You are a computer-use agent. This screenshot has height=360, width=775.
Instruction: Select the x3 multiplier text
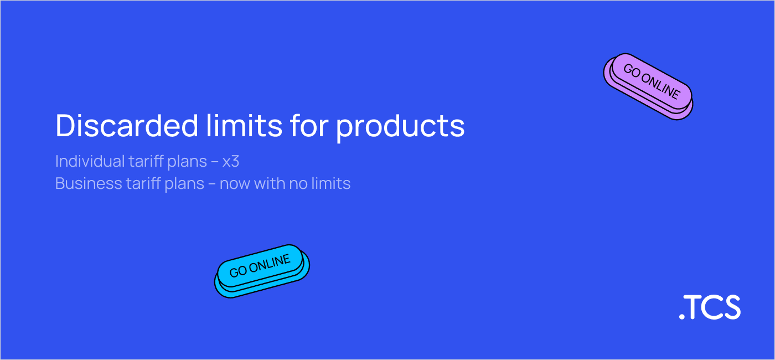point(230,162)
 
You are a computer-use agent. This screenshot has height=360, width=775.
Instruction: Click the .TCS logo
point(710,307)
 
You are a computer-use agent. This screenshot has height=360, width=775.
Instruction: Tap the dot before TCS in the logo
point(681,317)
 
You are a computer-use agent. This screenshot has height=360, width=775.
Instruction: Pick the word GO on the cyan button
point(238,272)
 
